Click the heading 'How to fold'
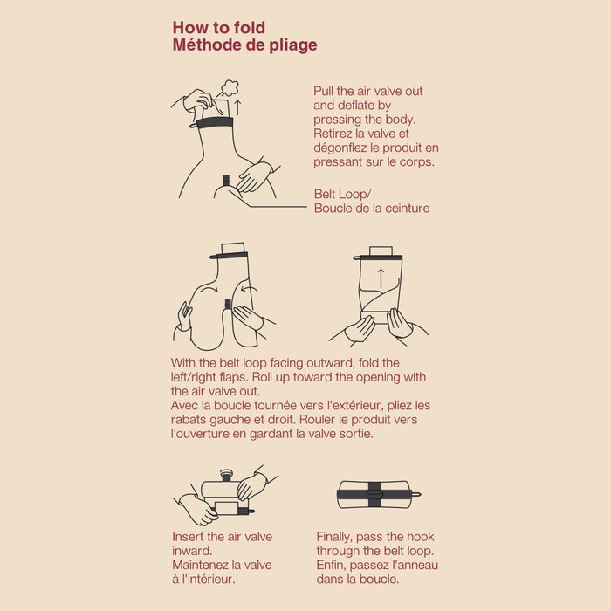click(219, 28)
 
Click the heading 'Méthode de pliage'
click(244, 45)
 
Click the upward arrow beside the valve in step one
click(237, 107)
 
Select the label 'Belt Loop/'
click(342, 194)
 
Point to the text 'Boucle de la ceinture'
click(372, 208)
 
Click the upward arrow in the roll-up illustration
click(381, 278)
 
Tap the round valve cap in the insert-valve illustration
click(226, 475)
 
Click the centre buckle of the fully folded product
click(374, 494)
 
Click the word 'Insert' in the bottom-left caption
click(189, 537)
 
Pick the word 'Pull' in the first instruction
click(323, 91)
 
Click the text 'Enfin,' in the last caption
click(331, 565)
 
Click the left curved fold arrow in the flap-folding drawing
click(210, 289)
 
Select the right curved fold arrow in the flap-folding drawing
click(250, 289)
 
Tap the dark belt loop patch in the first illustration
click(226, 181)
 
